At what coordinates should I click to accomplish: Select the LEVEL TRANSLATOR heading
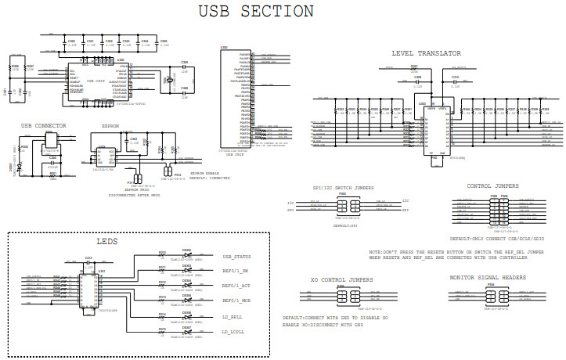[x=426, y=53]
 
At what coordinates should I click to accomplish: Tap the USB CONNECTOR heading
[x=43, y=125]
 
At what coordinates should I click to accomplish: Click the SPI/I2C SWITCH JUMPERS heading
[x=342, y=188]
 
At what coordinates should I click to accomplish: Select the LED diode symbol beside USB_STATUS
[x=186, y=256]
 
